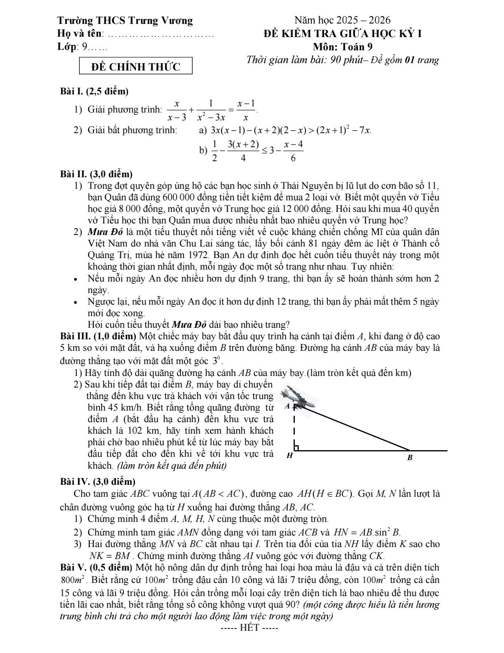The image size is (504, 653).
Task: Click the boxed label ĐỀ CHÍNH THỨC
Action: (135, 67)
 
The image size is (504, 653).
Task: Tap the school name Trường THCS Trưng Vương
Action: (125, 21)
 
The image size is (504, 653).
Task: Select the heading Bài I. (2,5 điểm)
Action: (94, 92)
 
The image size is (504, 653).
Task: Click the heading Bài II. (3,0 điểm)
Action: (96, 174)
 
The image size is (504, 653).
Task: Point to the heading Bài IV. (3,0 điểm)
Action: (98, 481)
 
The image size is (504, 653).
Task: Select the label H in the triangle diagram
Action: (289, 456)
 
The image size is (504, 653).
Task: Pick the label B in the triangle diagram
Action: (410, 458)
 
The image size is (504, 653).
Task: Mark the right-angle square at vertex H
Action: (296, 448)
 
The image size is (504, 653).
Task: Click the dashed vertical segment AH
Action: (294, 429)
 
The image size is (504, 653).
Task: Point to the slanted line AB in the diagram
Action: (354, 429)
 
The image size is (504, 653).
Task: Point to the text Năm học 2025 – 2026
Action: (342, 20)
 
